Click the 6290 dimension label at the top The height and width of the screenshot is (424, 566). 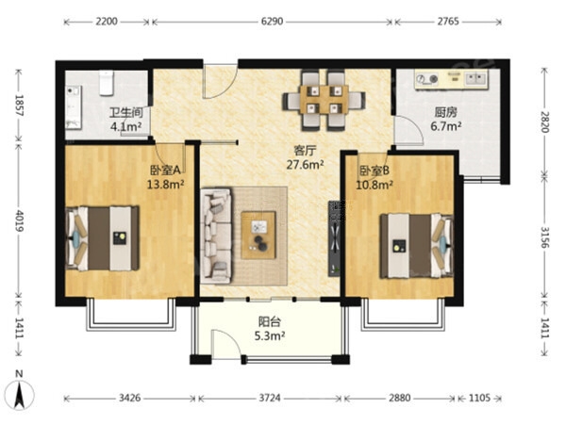coord(272,22)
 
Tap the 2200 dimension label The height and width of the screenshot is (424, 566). coord(107,22)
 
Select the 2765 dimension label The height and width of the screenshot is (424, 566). coord(448,22)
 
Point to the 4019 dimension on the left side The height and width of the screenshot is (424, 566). coord(19,220)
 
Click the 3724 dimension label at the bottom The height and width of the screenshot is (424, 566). coord(270,398)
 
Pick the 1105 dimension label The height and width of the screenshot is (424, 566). coord(479,398)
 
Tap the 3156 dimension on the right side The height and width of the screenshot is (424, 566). coord(544,236)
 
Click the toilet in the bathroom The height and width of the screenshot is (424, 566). coord(107,83)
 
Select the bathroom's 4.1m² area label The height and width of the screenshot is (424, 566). coord(125,127)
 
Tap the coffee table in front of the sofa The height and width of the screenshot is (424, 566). coord(258,235)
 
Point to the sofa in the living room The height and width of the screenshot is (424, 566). coord(216,236)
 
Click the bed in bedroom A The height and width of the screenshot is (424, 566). coord(103,238)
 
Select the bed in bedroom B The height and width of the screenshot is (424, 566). coord(417,246)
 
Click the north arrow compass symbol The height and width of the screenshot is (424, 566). coord(19,394)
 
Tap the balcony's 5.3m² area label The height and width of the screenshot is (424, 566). coord(270,336)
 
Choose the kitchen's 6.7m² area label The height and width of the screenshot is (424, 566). coord(446,126)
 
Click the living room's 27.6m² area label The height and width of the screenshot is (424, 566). coord(305,165)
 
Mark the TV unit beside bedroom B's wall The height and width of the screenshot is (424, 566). coord(334,238)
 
